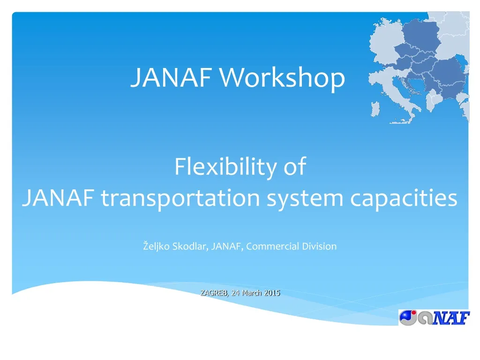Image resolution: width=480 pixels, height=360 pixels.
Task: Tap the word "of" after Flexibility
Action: coord(294,167)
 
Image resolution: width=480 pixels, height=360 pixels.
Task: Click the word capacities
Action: coord(404,198)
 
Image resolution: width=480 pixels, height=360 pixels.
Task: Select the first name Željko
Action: coord(157,246)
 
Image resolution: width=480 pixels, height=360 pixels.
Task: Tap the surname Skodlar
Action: coord(190,246)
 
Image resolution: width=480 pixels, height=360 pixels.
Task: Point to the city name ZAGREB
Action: coord(214,293)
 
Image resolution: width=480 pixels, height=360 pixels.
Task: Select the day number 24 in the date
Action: coord(236,293)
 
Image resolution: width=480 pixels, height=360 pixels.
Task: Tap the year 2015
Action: coord(272,293)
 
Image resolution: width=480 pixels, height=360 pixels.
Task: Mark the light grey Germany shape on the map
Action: coord(384,40)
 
